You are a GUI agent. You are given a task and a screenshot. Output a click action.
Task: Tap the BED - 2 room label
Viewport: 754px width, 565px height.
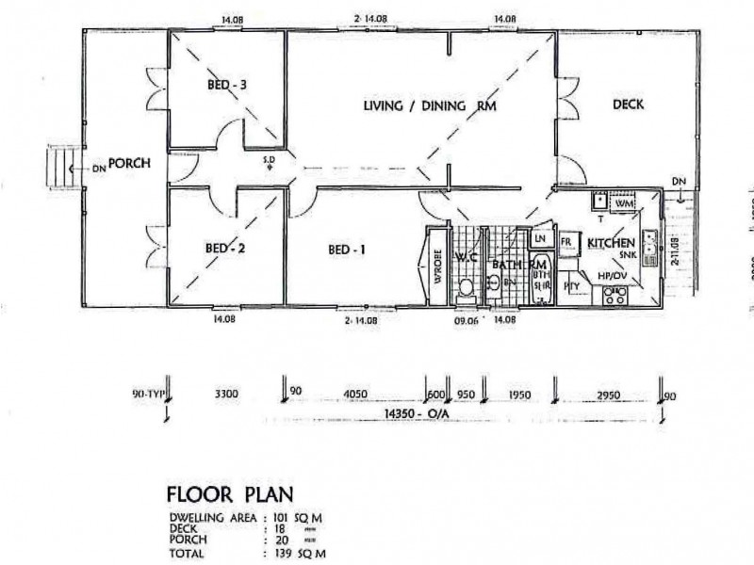point(225,249)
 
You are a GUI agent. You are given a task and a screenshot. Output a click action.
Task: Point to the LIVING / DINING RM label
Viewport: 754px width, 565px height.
point(430,105)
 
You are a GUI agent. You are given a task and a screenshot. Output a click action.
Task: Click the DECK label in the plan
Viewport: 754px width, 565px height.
point(627,104)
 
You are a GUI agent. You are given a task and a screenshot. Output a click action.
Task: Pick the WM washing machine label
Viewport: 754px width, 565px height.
point(622,202)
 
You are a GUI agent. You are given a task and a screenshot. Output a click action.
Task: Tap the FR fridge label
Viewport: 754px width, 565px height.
point(567,242)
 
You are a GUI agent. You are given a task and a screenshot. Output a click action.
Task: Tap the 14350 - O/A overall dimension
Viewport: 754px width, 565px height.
point(416,412)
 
